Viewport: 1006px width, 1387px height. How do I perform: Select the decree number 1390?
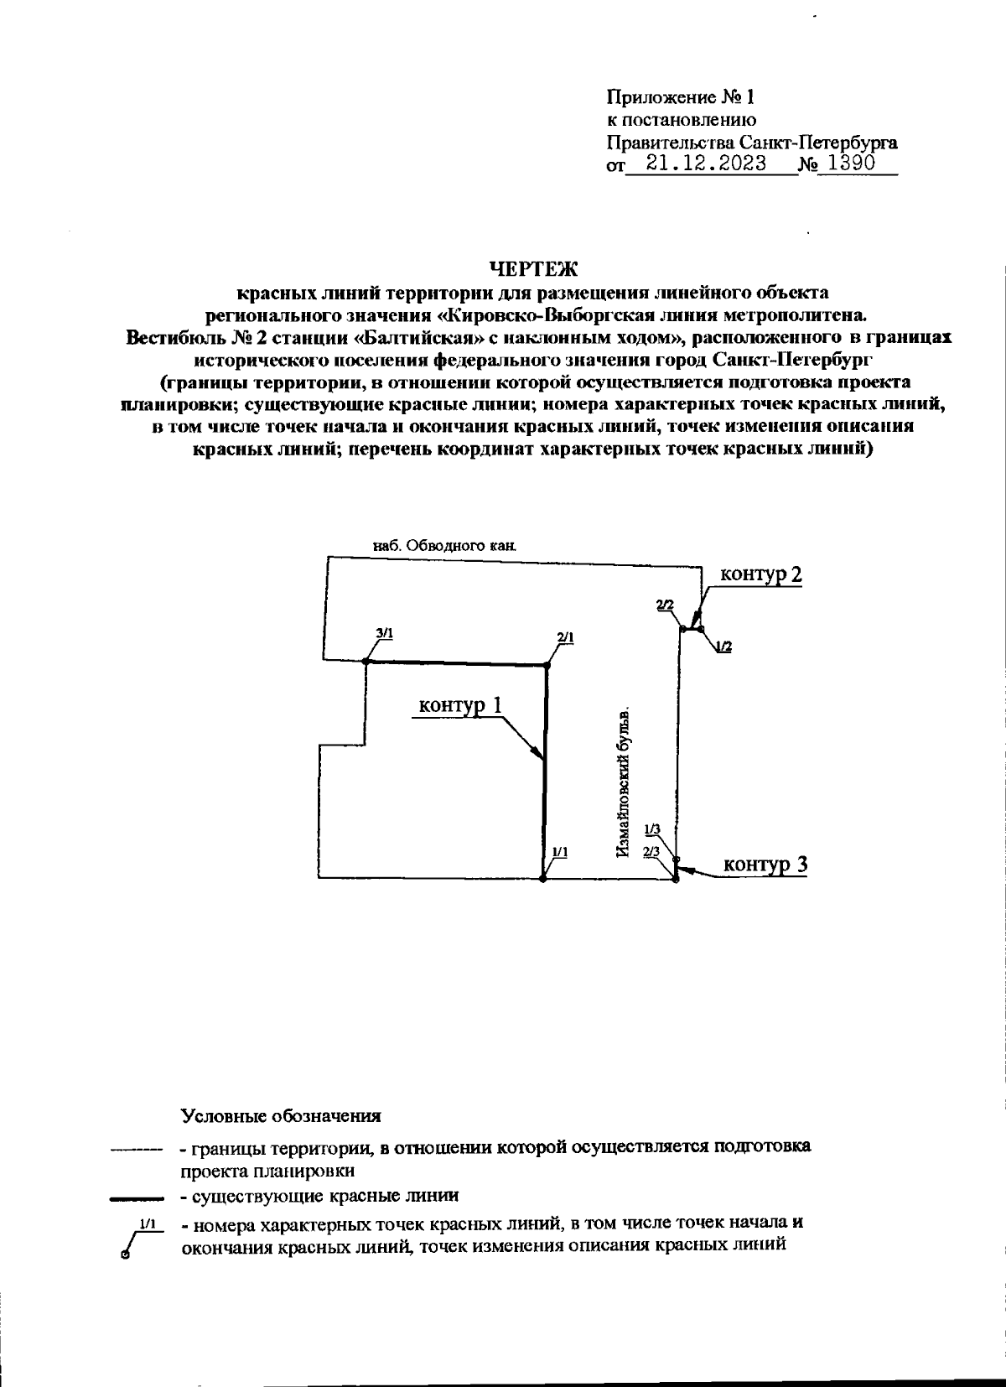point(846,164)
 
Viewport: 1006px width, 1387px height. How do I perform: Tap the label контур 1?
point(460,706)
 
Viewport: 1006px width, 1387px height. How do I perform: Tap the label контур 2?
point(760,575)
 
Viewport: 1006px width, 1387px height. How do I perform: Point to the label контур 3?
point(765,865)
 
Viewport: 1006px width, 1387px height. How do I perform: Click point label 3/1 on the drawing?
point(385,635)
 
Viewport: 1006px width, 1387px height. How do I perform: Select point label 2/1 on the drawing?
point(565,637)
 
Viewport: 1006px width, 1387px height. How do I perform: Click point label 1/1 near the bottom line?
point(561,851)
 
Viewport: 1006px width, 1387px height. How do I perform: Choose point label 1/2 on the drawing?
point(724,647)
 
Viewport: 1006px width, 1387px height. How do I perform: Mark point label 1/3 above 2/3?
point(652,829)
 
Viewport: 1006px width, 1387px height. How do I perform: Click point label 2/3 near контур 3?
point(651,851)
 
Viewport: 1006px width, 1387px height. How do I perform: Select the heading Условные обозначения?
point(281,1117)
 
